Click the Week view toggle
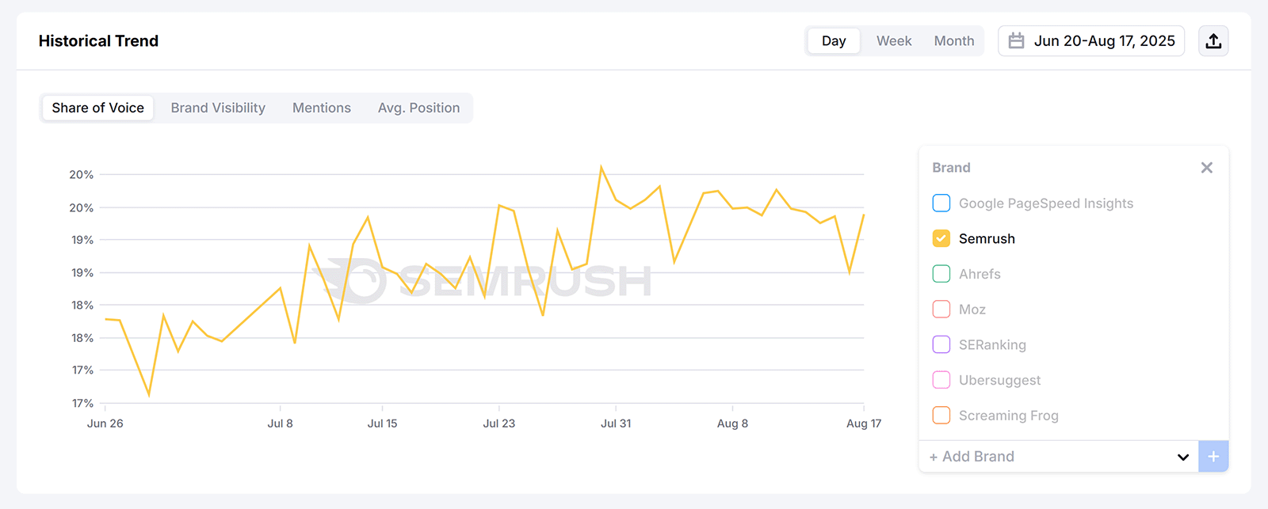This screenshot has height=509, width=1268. (893, 41)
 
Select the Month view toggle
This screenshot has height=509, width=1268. (953, 41)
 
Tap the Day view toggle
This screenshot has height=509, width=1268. (833, 41)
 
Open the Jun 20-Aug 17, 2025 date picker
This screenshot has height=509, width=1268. (1091, 41)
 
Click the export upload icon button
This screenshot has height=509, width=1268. (1213, 41)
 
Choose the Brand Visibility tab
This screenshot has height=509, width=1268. (218, 108)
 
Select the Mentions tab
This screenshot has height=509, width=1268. (321, 108)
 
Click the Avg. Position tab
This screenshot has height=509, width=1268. (418, 108)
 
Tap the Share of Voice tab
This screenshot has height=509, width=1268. (98, 108)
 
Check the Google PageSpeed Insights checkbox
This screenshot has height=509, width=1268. (941, 203)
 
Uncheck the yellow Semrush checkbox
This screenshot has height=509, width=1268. (941, 238)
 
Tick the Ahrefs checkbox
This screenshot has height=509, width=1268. (941, 274)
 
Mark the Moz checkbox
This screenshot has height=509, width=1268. (941, 310)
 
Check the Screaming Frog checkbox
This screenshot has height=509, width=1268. (941, 416)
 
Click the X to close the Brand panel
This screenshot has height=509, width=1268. (1206, 168)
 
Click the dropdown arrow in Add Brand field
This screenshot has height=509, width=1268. (1182, 457)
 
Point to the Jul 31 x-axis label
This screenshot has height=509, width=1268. (616, 424)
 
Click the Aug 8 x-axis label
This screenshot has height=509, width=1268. (732, 424)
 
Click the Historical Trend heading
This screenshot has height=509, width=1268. (98, 41)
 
